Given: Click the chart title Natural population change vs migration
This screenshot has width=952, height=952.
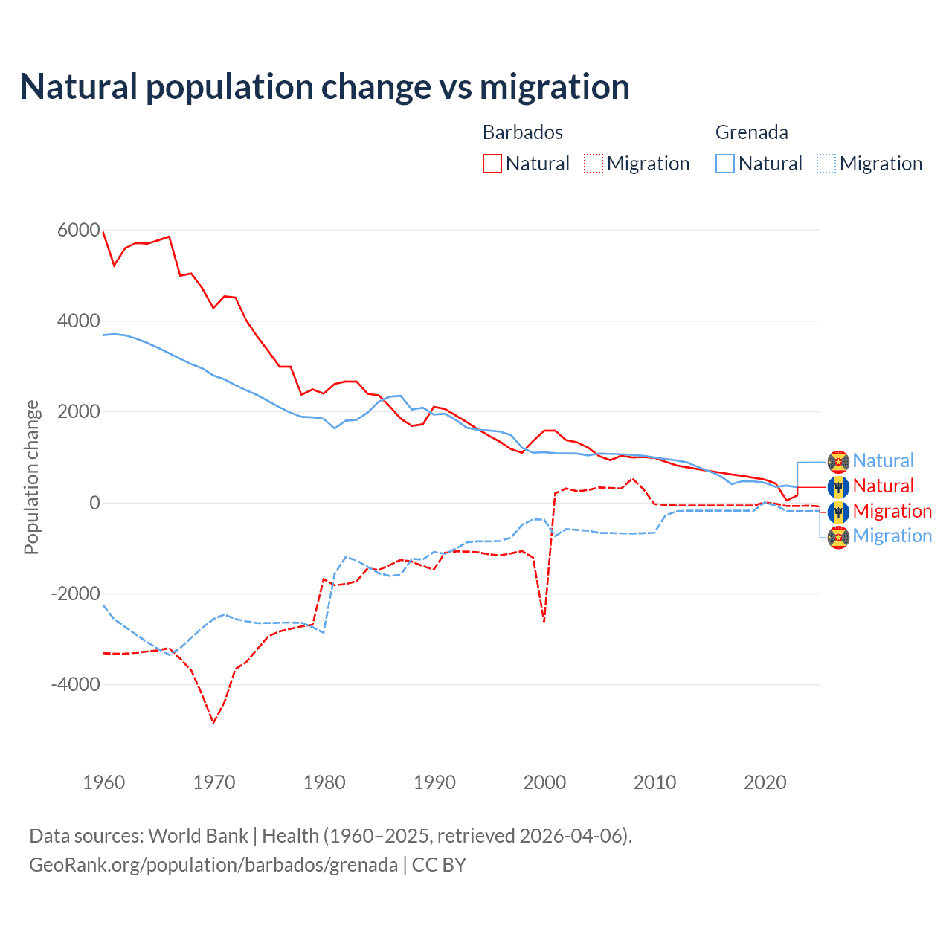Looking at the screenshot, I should click(325, 87).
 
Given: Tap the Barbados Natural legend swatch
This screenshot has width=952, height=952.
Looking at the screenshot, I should click(492, 164).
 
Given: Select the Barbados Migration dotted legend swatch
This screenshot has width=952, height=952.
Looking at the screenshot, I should click(594, 164).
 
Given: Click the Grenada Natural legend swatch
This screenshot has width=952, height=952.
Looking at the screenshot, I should click(725, 164).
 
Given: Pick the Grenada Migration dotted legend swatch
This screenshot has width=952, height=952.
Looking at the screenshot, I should click(826, 164).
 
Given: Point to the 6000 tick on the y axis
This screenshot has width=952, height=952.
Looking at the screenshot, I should click(79, 231).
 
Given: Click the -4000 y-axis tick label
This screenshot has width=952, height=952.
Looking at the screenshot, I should click(75, 684).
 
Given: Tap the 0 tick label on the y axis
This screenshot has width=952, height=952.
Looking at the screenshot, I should click(94, 503).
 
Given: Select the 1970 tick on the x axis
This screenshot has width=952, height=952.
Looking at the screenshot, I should click(214, 782).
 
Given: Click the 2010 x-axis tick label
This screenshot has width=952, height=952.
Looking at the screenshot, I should click(655, 782).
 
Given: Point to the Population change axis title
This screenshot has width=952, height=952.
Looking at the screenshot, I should click(31, 477).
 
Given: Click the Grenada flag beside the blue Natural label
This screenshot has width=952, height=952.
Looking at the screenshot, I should click(838, 462).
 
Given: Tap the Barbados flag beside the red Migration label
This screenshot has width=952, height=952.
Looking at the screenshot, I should click(838, 512).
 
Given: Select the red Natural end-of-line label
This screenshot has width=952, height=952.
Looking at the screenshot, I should click(883, 486).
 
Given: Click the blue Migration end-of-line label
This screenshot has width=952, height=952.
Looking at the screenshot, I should click(892, 536).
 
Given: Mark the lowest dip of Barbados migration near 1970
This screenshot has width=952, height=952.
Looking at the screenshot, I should click(213, 723).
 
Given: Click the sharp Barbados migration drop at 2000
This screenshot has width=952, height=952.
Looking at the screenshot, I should click(544, 621).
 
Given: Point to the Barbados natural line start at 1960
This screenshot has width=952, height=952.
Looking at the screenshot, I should click(103, 232).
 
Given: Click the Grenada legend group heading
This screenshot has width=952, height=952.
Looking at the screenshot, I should click(751, 132).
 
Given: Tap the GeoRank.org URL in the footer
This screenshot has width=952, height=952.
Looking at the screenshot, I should click(213, 865).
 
